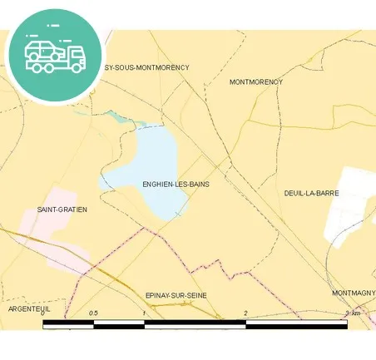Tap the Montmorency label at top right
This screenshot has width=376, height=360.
[255, 82]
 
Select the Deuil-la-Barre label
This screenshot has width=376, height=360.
[311, 193]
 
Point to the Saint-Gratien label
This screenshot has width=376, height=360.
[62, 210]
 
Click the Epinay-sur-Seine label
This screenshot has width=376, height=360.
[176, 295]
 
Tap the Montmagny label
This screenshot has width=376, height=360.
[354, 293]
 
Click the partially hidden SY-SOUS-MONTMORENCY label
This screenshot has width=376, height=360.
[146, 67]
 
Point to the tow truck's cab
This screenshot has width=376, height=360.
[76, 57]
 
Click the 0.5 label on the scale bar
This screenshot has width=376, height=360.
[94, 313]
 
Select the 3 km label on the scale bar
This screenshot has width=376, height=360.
[353, 313]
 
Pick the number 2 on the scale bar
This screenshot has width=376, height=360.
[245, 313]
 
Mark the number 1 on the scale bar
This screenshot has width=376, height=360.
[145, 313]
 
